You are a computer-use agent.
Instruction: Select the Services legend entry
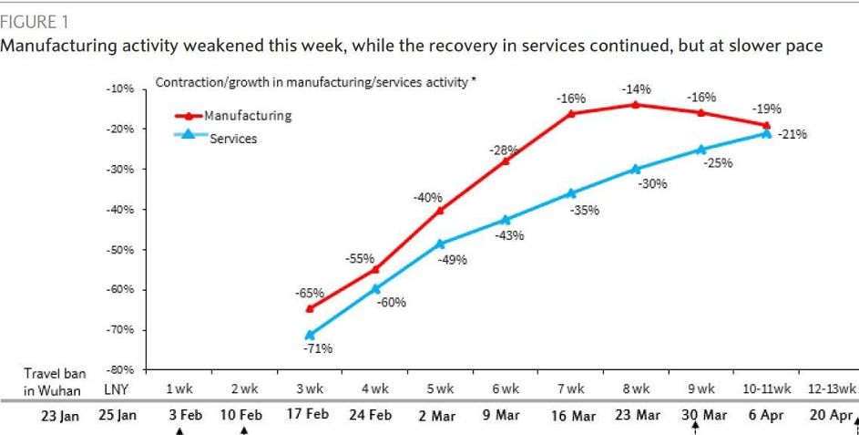(232, 139)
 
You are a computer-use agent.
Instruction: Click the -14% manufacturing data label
(636, 89)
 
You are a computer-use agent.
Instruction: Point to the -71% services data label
(319, 348)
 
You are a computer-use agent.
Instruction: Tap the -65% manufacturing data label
(309, 293)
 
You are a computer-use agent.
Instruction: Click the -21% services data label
(792, 134)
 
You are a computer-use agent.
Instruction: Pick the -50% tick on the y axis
(121, 249)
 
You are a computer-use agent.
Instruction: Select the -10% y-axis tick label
(121, 89)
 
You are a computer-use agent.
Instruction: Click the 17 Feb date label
(308, 415)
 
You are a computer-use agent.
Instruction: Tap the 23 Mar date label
(636, 415)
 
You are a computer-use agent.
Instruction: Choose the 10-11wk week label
(765, 389)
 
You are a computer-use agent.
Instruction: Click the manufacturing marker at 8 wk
(635, 105)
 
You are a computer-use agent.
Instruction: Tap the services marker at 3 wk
(309, 336)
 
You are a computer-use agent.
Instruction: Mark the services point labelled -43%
(506, 220)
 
